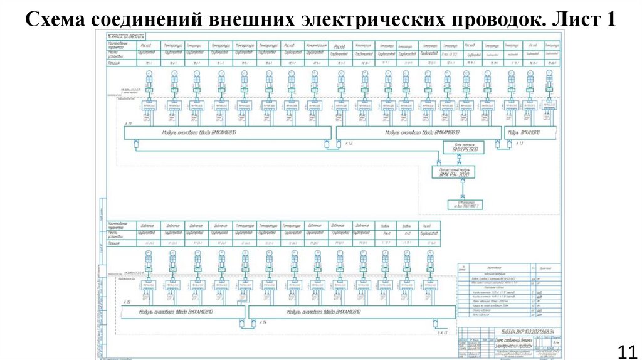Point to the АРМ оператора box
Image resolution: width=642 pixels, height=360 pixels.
(x=465, y=204)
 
